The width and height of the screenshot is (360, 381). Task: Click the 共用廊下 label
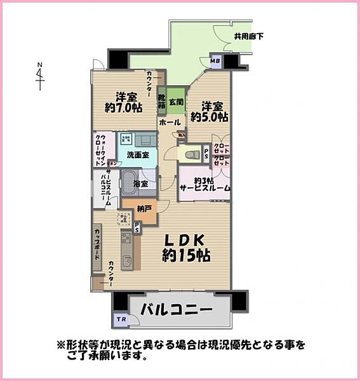249,37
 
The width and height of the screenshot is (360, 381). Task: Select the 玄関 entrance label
177,101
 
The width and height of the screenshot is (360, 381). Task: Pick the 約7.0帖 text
123,109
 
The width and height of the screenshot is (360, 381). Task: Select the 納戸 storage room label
144,208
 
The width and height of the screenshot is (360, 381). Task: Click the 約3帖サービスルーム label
204,184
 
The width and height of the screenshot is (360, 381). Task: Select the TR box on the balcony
121,319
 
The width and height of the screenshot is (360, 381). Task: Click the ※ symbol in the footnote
61,345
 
